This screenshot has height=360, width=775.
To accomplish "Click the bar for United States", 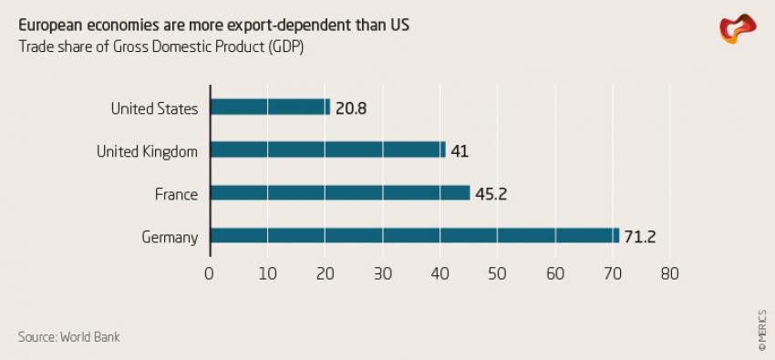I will [x=270, y=108].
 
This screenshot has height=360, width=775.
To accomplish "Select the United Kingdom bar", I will [x=328, y=150].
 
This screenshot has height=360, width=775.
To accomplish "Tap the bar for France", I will [x=340, y=193].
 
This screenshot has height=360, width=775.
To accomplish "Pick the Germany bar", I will [x=415, y=236].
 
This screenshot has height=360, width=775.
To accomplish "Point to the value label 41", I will [x=460, y=150].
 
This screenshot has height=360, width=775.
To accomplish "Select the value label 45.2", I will [x=492, y=193].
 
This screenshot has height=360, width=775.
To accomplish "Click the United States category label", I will [x=154, y=108].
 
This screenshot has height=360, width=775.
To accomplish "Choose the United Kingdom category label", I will [x=147, y=151].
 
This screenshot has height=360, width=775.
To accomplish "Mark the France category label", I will [x=177, y=194].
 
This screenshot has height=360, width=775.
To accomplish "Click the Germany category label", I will [x=170, y=237].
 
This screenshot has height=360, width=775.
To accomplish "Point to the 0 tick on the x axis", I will [x=210, y=273].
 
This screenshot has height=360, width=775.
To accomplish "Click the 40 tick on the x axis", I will [x=440, y=273].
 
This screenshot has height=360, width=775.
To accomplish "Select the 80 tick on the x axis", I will [x=670, y=273].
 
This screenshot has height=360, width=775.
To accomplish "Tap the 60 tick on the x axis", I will [x=555, y=273].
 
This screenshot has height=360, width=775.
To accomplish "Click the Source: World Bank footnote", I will [x=68, y=337].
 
